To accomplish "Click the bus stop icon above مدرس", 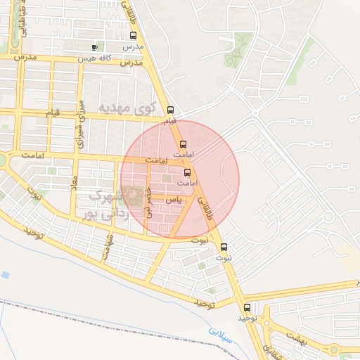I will coord(134,36).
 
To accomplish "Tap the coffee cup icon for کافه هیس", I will coord(95,48).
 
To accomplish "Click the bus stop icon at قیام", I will coord(170,110).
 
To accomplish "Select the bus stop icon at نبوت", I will coord(224,247).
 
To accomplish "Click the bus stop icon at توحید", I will coord(247,307).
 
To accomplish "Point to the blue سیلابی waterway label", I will coord(221,333).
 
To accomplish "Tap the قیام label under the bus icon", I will coord(170,122).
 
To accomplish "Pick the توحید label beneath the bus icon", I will coord(246,319).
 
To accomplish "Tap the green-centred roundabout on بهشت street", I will coord(268,326).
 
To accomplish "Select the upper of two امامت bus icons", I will coord(184,144).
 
